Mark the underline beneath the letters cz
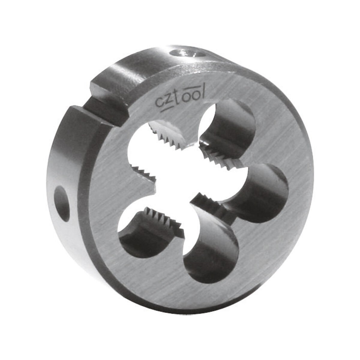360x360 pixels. point(164,109)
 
